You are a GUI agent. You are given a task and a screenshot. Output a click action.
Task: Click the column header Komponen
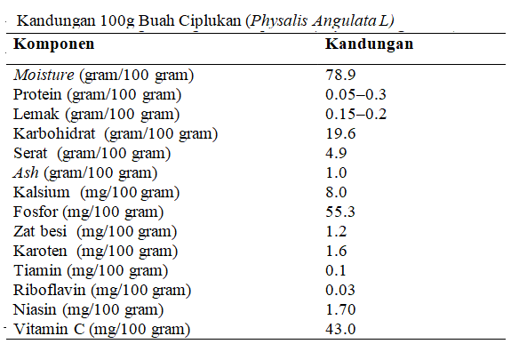(54, 44)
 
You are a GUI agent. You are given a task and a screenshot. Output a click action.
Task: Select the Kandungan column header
(369, 44)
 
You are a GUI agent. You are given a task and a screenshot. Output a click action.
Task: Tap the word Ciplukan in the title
(210, 21)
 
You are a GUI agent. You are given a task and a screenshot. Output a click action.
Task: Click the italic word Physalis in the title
(279, 21)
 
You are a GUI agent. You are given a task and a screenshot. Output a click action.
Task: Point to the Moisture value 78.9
(340, 75)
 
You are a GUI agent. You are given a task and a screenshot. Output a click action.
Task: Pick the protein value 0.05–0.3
(355, 94)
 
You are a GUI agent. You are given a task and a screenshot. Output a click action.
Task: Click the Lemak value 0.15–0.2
(355, 114)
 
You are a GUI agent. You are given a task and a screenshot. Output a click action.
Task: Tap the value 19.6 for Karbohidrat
(340, 133)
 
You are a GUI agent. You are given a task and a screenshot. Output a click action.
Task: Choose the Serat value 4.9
(336, 153)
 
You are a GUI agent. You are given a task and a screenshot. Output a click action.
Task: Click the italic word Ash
(26, 172)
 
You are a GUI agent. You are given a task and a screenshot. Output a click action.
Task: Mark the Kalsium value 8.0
(336, 192)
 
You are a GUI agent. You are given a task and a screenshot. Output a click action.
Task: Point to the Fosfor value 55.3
(340, 212)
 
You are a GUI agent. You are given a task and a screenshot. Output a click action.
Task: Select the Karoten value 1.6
(336, 251)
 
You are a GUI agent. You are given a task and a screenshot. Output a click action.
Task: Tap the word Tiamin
(37, 270)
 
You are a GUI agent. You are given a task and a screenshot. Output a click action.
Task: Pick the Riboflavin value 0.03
(340, 290)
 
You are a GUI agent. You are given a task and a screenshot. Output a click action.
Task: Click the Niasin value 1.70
(340, 309)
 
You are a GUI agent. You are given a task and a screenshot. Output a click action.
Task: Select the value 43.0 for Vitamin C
(340, 329)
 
